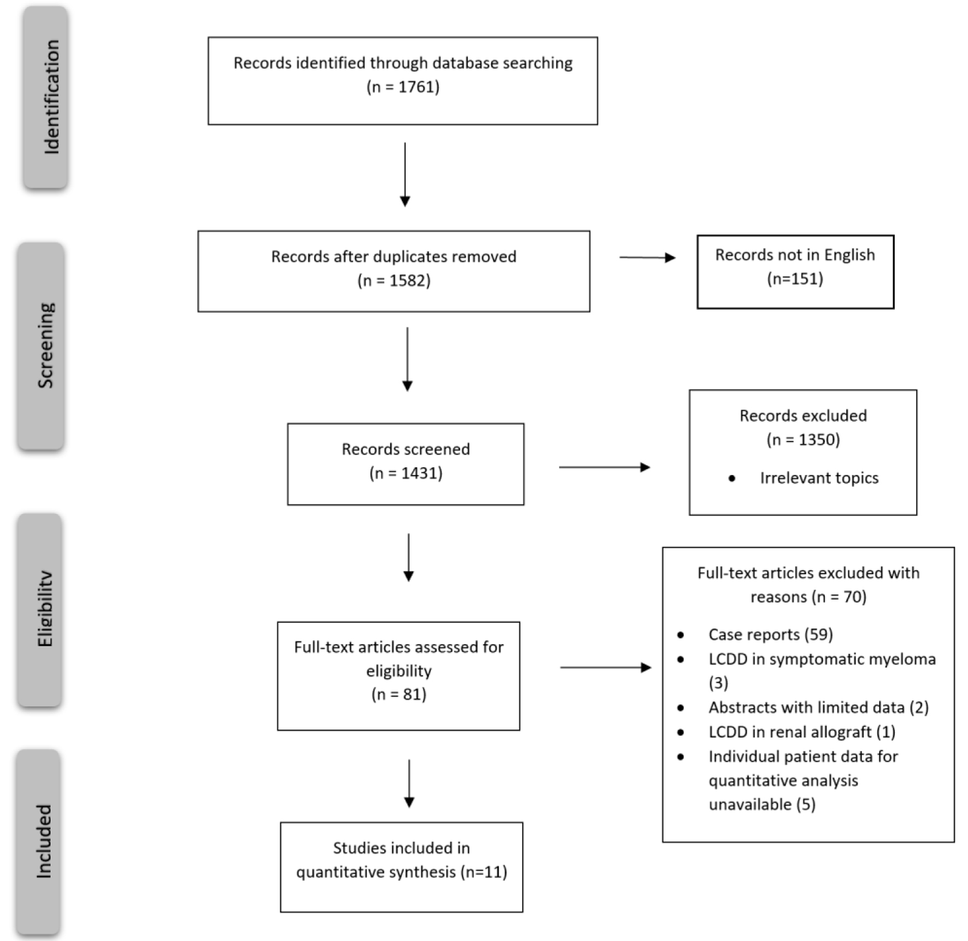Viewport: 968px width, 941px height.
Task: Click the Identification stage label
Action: (x=51, y=97)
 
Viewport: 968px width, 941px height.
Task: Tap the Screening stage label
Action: (x=46, y=345)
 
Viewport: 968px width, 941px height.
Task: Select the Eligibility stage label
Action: (x=45, y=609)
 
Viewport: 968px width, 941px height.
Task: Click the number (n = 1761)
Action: (x=403, y=87)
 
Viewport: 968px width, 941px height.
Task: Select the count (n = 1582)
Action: (x=394, y=280)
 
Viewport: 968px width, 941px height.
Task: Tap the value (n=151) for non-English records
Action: (x=795, y=279)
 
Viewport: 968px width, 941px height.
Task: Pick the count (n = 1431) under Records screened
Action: (x=406, y=473)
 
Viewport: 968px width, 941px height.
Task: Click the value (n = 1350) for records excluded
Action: (x=803, y=439)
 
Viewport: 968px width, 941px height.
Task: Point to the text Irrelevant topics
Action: (x=819, y=478)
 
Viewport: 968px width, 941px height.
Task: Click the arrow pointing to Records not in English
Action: (x=647, y=257)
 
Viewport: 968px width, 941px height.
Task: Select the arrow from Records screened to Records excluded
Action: (x=605, y=467)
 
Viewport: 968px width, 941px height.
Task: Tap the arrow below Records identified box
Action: (x=405, y=175)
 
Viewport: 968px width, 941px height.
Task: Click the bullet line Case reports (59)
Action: (x=771, y=634)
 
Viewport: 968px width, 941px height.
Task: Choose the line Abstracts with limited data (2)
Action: (x=819, y=708)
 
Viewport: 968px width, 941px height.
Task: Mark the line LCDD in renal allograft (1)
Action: (x=802, y=732)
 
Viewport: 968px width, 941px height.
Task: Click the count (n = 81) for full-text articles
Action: (x=399, y=694)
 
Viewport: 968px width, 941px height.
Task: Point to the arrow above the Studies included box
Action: (x=409, y=784)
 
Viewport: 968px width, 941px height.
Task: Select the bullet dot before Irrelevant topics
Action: (x=732, y=479)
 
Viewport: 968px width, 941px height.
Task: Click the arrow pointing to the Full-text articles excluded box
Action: (x=606, y=667)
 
